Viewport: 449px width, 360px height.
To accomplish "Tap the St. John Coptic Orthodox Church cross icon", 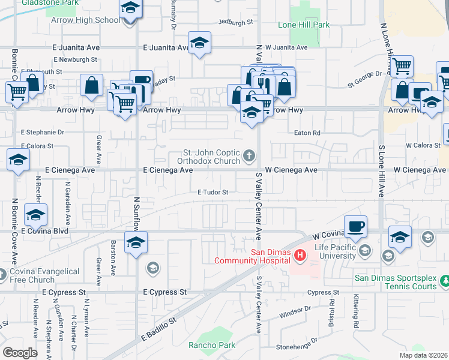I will click(250, 157).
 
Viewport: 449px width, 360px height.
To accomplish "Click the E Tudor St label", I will click(213, 193).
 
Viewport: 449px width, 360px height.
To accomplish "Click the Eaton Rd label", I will click(307, 133).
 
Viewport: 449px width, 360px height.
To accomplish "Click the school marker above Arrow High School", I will click(128, 9).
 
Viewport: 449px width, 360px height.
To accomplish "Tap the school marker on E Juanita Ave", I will click(199, 43).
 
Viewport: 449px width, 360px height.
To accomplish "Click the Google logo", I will click(20, 352).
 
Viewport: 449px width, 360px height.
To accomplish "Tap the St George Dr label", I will click(364, 74).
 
